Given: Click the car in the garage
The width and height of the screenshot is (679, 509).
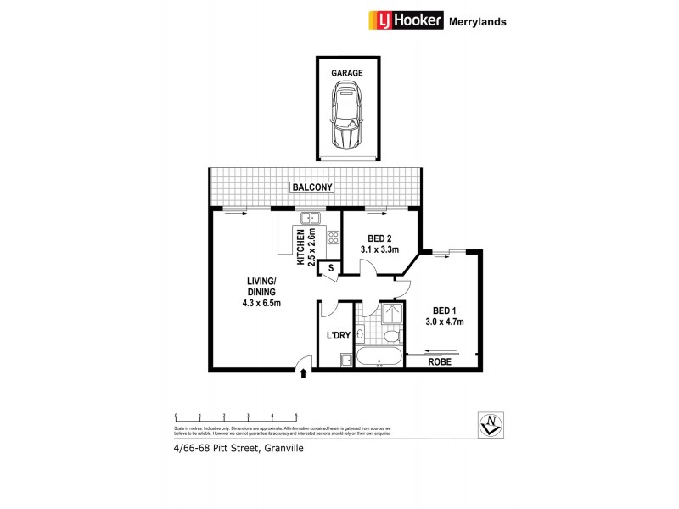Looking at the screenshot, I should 347,119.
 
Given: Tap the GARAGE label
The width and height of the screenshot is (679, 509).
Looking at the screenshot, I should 347,73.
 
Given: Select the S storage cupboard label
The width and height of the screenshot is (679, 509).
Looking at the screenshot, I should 328,268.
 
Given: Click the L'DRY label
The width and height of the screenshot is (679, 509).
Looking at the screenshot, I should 339,337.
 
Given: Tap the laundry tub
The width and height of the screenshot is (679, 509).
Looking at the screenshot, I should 345,361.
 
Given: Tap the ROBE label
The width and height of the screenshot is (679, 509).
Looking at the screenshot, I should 440,362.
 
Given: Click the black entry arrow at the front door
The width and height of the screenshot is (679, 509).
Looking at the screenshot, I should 302,372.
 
